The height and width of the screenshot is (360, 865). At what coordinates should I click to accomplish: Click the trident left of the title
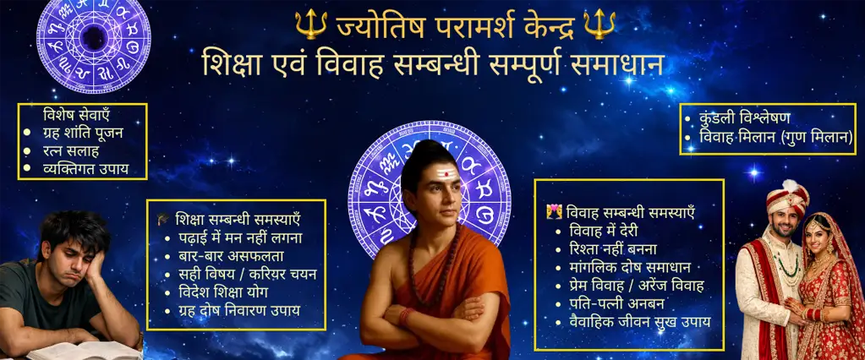tap(311, 24)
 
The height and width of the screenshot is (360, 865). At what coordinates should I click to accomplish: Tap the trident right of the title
tap(599, 24)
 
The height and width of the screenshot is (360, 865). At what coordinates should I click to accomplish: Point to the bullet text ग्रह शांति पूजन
tap(83, 133)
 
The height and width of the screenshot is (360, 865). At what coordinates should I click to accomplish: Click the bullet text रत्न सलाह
tap(70, 150)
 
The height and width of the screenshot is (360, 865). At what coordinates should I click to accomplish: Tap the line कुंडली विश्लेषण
tap(745, 118)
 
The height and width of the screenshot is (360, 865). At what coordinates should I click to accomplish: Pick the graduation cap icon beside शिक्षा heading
tap(163, 219)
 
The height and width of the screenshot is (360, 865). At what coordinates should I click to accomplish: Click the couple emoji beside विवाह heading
tap(554, 211)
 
